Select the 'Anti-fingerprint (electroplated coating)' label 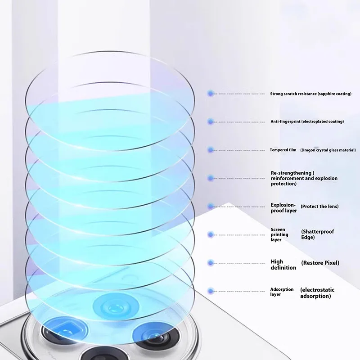(x=307, y=121)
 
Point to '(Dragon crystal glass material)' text (x=328, y=150)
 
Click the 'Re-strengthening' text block (x=304, y=178)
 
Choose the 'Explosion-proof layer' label (x=283, y=207)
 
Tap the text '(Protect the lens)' (x=319, y=206)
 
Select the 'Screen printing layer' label (x=279, y=234)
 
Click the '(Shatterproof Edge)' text (x=317, y=234)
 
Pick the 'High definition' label (x=283, y=265)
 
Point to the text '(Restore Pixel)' (x=320, y=263)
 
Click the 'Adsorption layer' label (x=282, y=292)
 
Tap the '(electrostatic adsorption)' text (x=317, y=293)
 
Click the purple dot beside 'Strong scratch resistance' (x=210, y=94)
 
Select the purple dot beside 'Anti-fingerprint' (x=210, y=121)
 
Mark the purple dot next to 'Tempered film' (x=210, y=150)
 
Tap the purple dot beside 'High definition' (x=210, y=263)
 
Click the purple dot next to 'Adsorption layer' (x=210, y=292)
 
